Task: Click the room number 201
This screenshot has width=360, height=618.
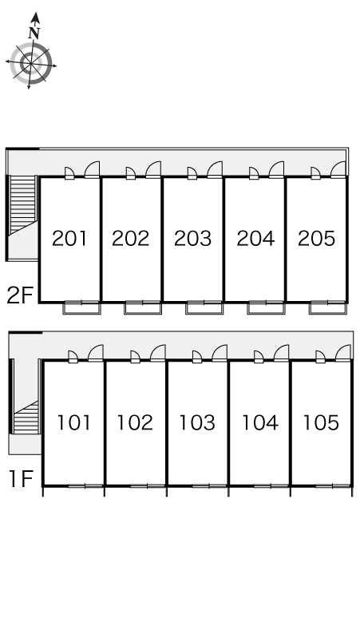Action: point(69,239)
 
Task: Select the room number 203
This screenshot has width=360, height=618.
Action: point(192,239)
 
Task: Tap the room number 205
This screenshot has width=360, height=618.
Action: point(316,239)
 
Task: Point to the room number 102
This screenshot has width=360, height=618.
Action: point(135,422)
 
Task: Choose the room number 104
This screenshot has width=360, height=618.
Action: point(260,422)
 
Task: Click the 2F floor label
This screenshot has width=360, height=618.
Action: point(19,295)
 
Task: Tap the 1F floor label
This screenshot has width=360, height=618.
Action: point(21,479)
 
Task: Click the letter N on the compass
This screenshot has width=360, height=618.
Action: point(34,33)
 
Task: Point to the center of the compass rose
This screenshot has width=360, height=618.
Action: point(30,63)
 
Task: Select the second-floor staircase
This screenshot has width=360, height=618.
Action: point(23,205)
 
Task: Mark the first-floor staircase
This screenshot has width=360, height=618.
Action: point(26,418)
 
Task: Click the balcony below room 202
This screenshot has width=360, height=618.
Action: point(143,308)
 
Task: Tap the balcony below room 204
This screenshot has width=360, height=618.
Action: point(266,308)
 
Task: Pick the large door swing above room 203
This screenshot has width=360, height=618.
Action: point(215,169)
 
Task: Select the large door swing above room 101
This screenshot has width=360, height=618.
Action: point(96,353)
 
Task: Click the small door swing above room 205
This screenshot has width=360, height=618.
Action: point(315,173)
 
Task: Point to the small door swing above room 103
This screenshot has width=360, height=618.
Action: point(197,357)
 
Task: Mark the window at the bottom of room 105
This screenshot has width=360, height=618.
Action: point(333,486)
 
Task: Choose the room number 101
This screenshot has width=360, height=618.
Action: point(73,422)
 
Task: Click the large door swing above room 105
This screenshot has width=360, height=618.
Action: point(343,353)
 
